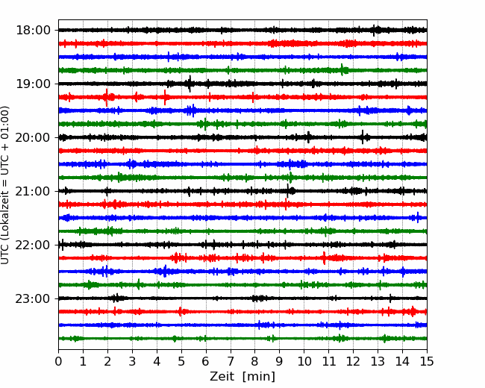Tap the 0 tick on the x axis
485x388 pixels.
tap(59, 362)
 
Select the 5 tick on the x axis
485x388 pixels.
tap(181, 362)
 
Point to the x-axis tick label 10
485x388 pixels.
tap(304, 362)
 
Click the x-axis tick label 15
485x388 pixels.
tap(426, 362)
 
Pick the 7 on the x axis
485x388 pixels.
tap(231, 362)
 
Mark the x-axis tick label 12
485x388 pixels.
tap(353, 362)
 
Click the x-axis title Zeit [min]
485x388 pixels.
tap(242, 377)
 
